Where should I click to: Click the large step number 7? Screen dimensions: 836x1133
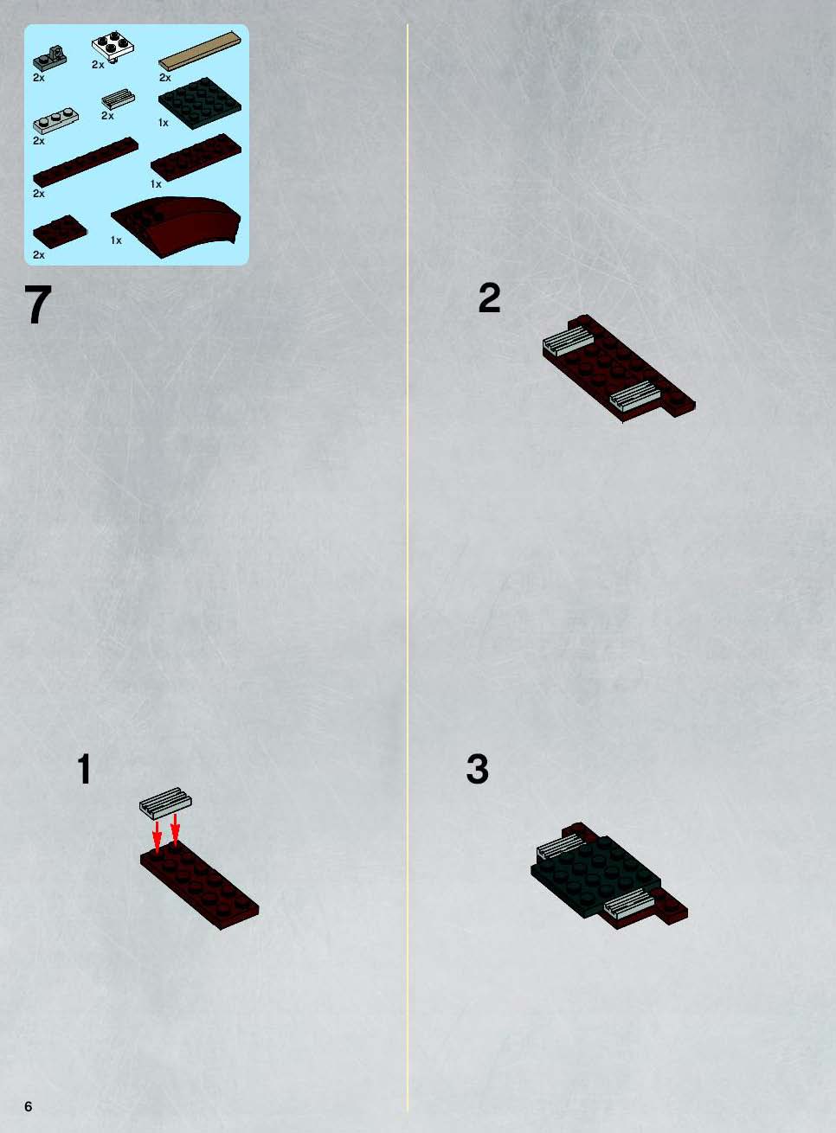38,304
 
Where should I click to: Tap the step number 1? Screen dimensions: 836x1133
85,769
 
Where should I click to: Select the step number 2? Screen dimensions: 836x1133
489,298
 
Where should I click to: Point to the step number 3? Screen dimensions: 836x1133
477,769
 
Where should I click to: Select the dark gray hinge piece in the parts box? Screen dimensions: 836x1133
49,58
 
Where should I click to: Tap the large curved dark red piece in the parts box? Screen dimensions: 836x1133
176,226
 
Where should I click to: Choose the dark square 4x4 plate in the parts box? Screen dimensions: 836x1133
200,103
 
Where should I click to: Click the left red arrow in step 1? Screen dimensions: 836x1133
157,839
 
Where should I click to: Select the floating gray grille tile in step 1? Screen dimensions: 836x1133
165,803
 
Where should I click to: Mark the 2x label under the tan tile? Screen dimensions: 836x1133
165,77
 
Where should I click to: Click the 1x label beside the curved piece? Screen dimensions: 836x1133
116,240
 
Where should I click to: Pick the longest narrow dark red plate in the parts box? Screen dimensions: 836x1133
86,162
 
